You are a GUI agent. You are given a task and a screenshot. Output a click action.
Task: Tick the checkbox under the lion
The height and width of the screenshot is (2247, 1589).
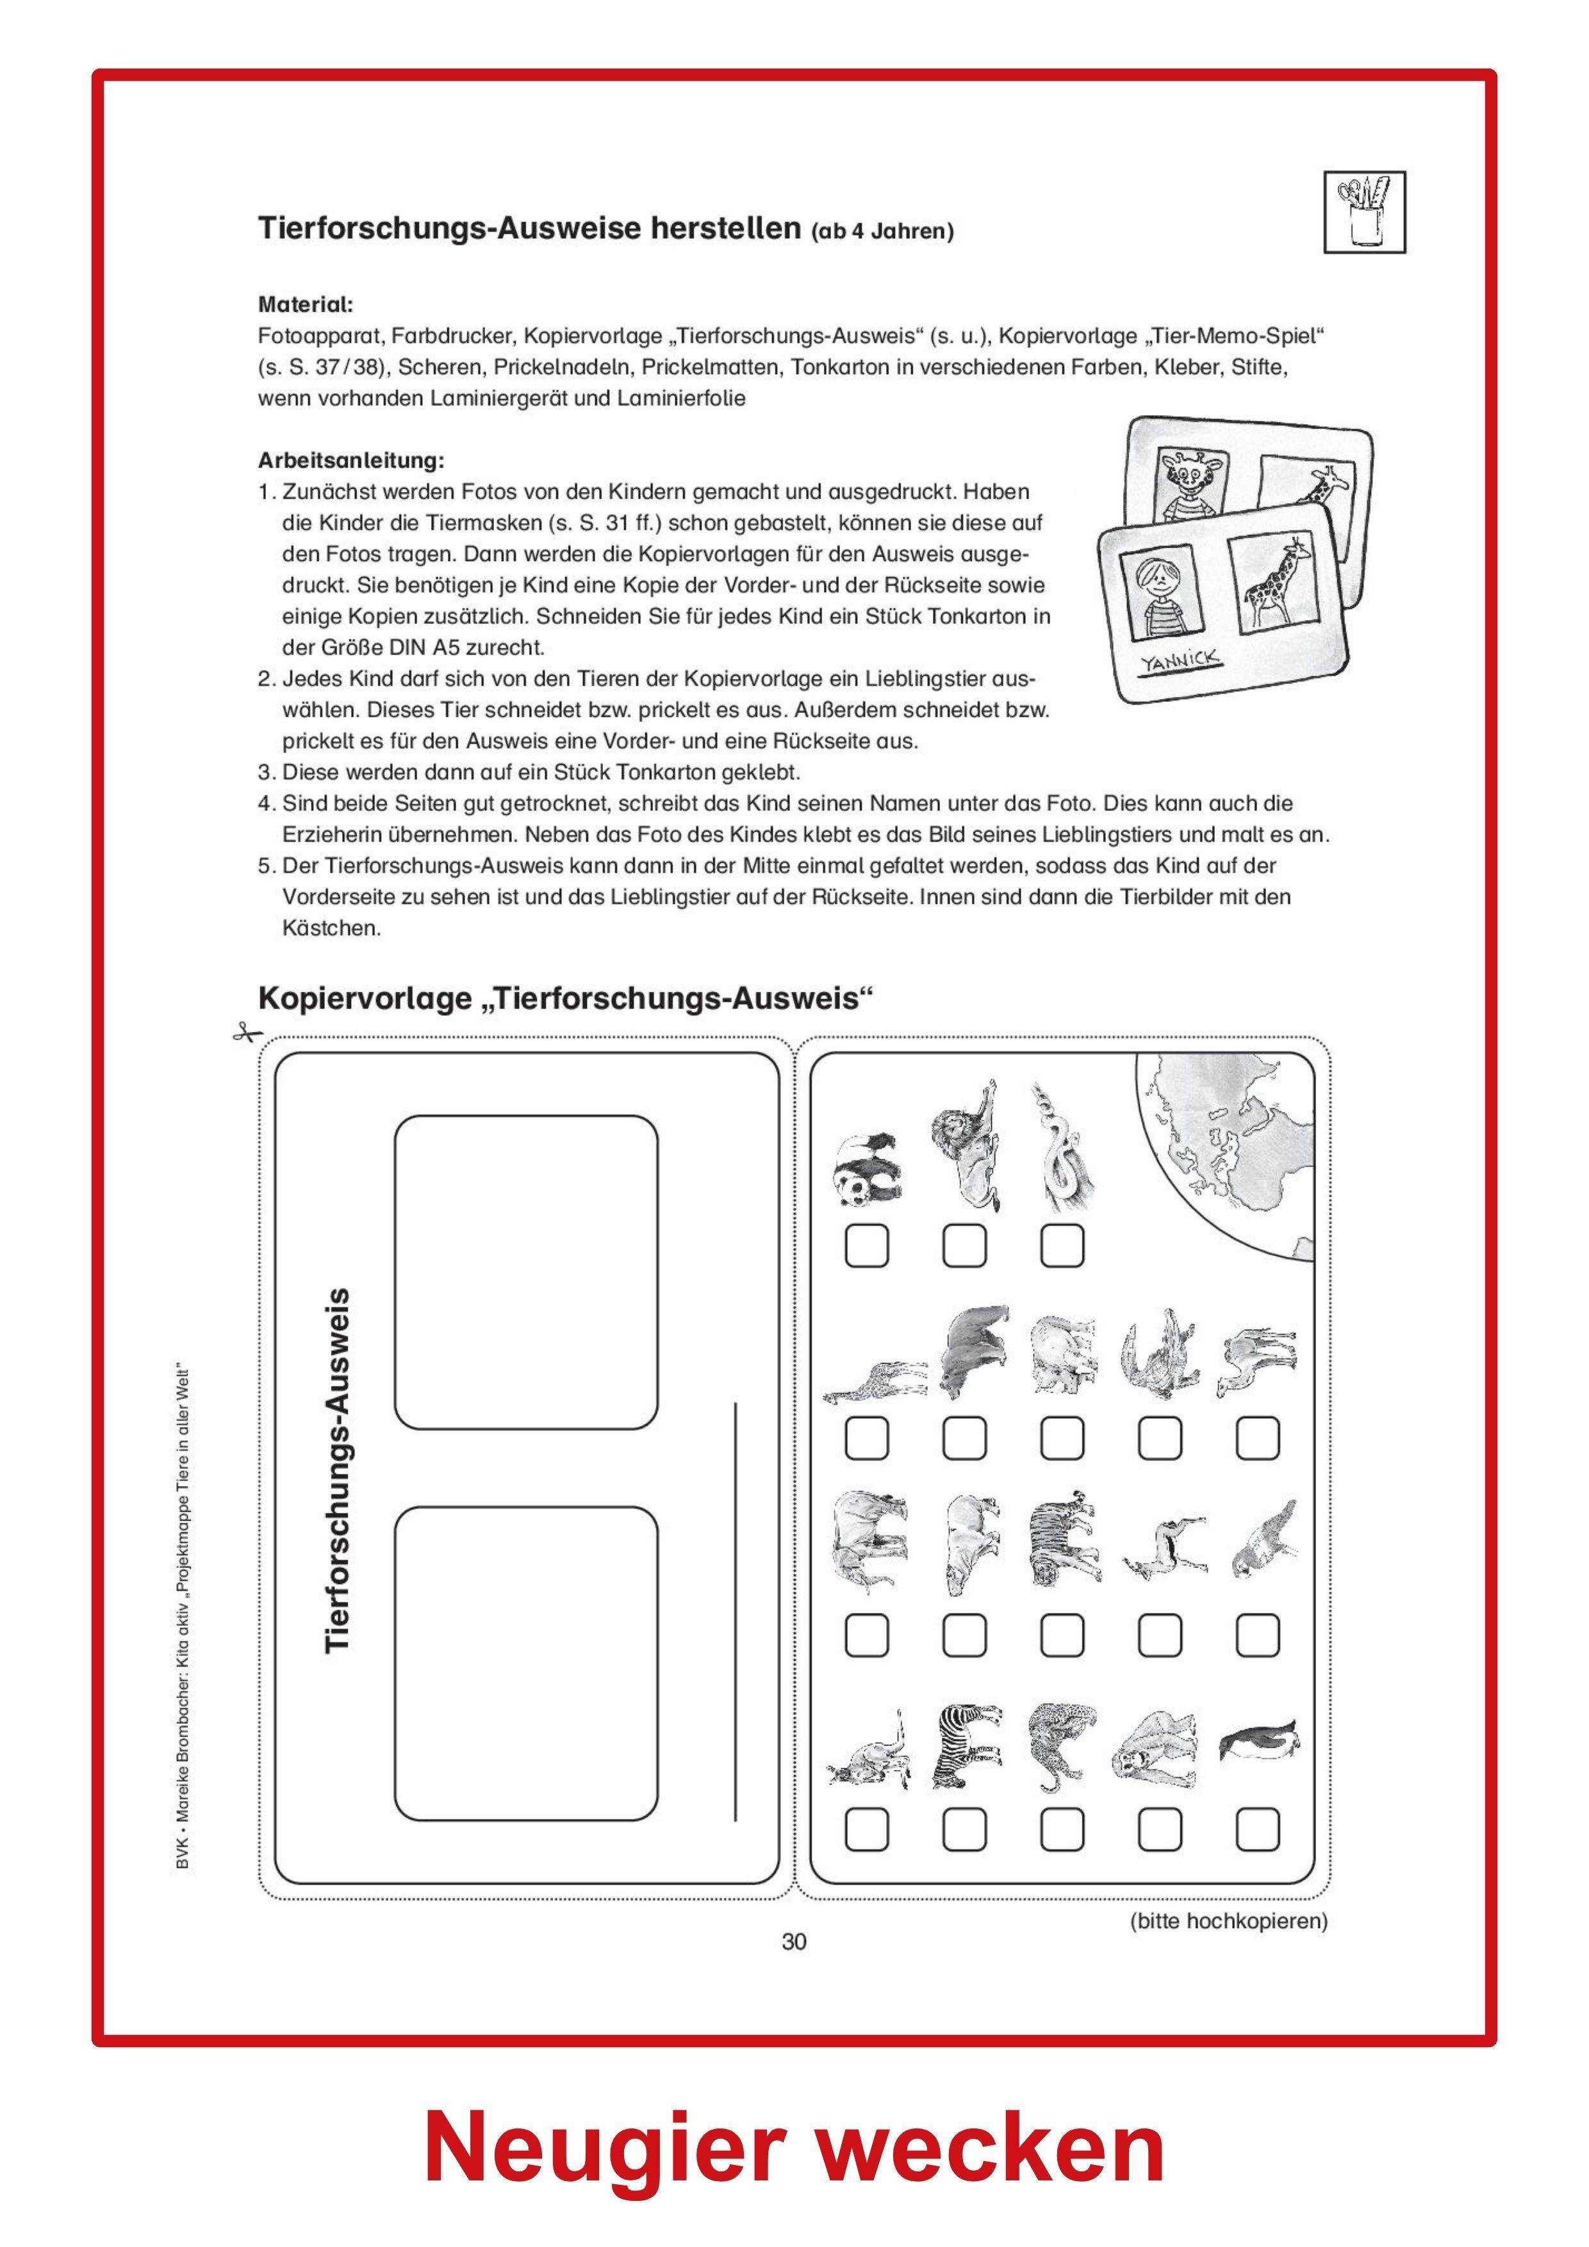(964, 1246)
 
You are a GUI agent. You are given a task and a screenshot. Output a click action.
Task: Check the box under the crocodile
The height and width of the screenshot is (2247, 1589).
(1160, 1437)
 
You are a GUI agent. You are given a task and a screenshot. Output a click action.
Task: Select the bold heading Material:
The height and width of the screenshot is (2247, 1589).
(306, 304)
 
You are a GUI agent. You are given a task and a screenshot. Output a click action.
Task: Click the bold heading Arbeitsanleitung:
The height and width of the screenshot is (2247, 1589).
(350, 459)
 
